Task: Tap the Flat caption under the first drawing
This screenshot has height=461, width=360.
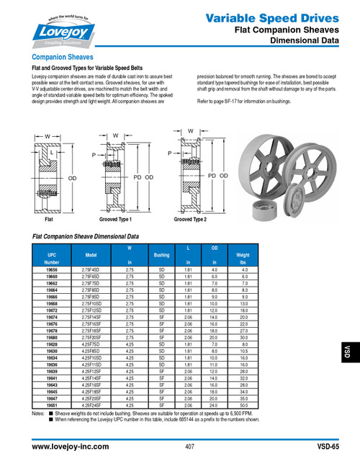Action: [x=49, y=218]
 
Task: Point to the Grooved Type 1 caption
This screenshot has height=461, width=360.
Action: [x=115, y=218]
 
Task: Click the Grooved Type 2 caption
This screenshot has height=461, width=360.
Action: [x=190, y=218]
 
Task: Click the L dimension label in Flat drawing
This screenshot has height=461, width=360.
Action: [x=51, y=153]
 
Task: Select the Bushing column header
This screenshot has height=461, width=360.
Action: [x=161, y=255]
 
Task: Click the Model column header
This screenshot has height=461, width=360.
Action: [x=91, y=255]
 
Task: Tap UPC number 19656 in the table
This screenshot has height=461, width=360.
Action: [x=52, y=269]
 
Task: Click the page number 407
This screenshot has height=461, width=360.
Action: [x=189, y=447]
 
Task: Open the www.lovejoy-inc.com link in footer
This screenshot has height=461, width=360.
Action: [x=71, y=447]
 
